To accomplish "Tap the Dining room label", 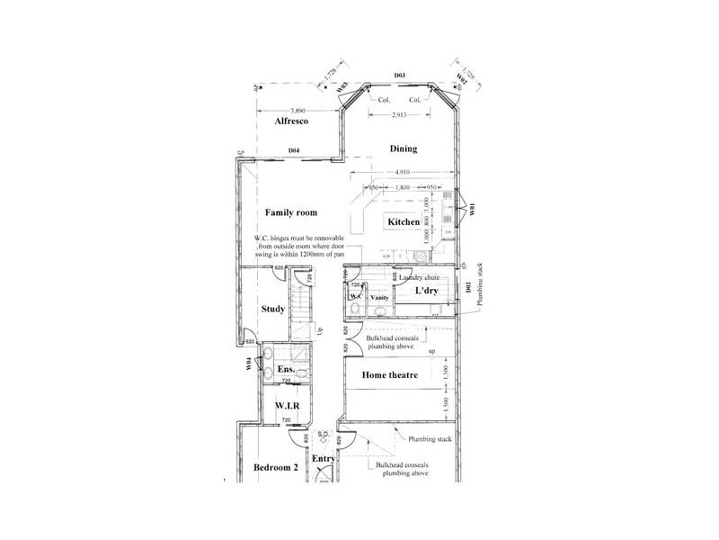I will (x=404, y=148).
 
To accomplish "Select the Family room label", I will (x=291, y=212).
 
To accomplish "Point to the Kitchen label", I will (x=403, y=221).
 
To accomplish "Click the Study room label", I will (x=273, y=310).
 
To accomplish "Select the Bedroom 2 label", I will (x=275, y=467).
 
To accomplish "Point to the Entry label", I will (x=324, y=459).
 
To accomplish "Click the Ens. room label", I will (x=286, y=370).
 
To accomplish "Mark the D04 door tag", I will (x=293, y=150).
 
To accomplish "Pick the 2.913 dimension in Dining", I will (x=402, y=115).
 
